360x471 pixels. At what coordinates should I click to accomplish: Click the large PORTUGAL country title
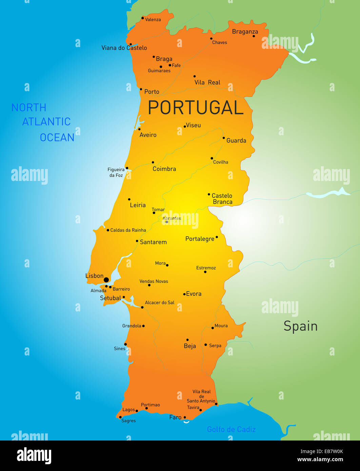click(x=196, y=108)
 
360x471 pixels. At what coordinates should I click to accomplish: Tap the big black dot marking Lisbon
click(x=106, y=280)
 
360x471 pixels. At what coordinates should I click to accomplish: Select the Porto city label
click(x=152, y=92)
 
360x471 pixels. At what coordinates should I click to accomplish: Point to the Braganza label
click(x=245, y=32)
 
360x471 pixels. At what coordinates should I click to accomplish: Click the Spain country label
click(x=300, y=326)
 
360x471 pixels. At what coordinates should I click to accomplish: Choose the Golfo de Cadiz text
click(x=231, y=429)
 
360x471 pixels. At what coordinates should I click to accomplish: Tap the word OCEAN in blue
click(x=57, y=138)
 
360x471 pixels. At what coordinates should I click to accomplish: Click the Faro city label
click(x=175, y=417)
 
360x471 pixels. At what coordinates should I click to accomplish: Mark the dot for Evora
click(x=184, y=294)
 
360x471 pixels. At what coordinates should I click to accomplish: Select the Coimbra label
click(x=164, y=169)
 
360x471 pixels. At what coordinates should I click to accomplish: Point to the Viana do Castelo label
click(x=124, y=48)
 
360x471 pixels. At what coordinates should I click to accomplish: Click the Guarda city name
click(x=236, y=141)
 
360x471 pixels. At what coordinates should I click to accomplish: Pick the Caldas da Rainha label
click(x=128, y=230)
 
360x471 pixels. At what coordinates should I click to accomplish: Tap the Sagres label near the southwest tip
click(x=128, y=421)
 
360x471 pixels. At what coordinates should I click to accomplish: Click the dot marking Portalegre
click(x=217, y=237)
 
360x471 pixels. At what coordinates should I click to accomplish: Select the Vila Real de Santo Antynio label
click(x=201, y=396)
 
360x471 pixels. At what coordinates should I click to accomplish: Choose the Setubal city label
click(x=110, y=298)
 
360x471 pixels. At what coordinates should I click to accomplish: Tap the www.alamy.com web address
click(x=320, y=460)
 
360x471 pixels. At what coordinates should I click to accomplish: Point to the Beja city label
click(x=190, y=346)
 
